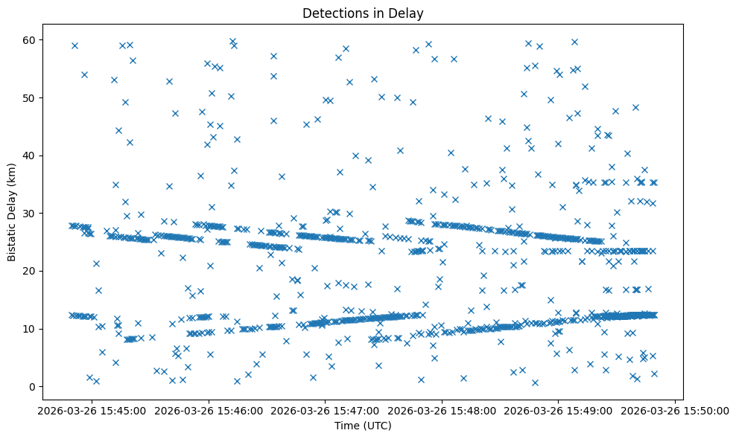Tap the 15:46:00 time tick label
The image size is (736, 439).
tap(209, 409)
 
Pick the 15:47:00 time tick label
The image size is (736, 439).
tap(326, 409)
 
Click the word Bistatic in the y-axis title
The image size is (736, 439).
tap(12, 238)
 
